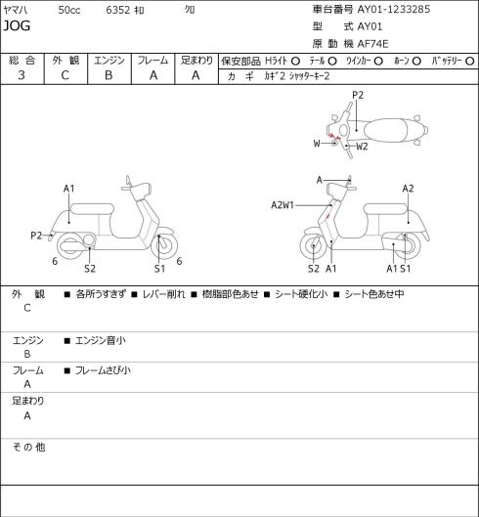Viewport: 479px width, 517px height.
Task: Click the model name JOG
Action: click(x=17, y=25)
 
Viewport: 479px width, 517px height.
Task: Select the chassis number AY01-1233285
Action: click(x=394, y=9)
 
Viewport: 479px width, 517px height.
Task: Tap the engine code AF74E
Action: click(x=372, y=44)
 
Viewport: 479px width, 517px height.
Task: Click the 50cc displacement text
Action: click(x=69, y=10)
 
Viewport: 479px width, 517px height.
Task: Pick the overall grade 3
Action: click(x=22, y=75)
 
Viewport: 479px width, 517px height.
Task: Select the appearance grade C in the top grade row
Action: click(x=65, y=75)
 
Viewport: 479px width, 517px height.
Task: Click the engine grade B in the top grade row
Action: click(x=109, y=75)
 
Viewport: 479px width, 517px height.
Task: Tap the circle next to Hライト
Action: click(x=295, y=62)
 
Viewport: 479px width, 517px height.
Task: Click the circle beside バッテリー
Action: click(x=470, y=62)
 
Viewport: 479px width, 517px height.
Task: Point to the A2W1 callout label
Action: click(x=283, y=205)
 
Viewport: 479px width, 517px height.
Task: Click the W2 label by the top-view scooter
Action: click(x=362, y=147)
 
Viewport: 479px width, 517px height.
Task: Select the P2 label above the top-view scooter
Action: click(x=358, y=95)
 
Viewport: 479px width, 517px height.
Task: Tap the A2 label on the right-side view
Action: click(x=408, y=189)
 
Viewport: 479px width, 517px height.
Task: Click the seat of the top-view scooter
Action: click(x=385, y=130)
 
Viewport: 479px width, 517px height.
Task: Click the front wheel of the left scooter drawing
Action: click(x=164, y=245)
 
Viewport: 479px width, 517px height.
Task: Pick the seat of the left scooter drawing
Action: click(x=92, y=209)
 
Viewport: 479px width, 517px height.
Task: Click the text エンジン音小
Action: click(x=101, y=340)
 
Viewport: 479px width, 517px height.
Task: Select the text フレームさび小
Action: click(x=103, y=370)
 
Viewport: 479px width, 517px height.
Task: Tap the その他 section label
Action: click(x=28, y=447)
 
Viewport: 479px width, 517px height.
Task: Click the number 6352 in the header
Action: click(x=118, y=10)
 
